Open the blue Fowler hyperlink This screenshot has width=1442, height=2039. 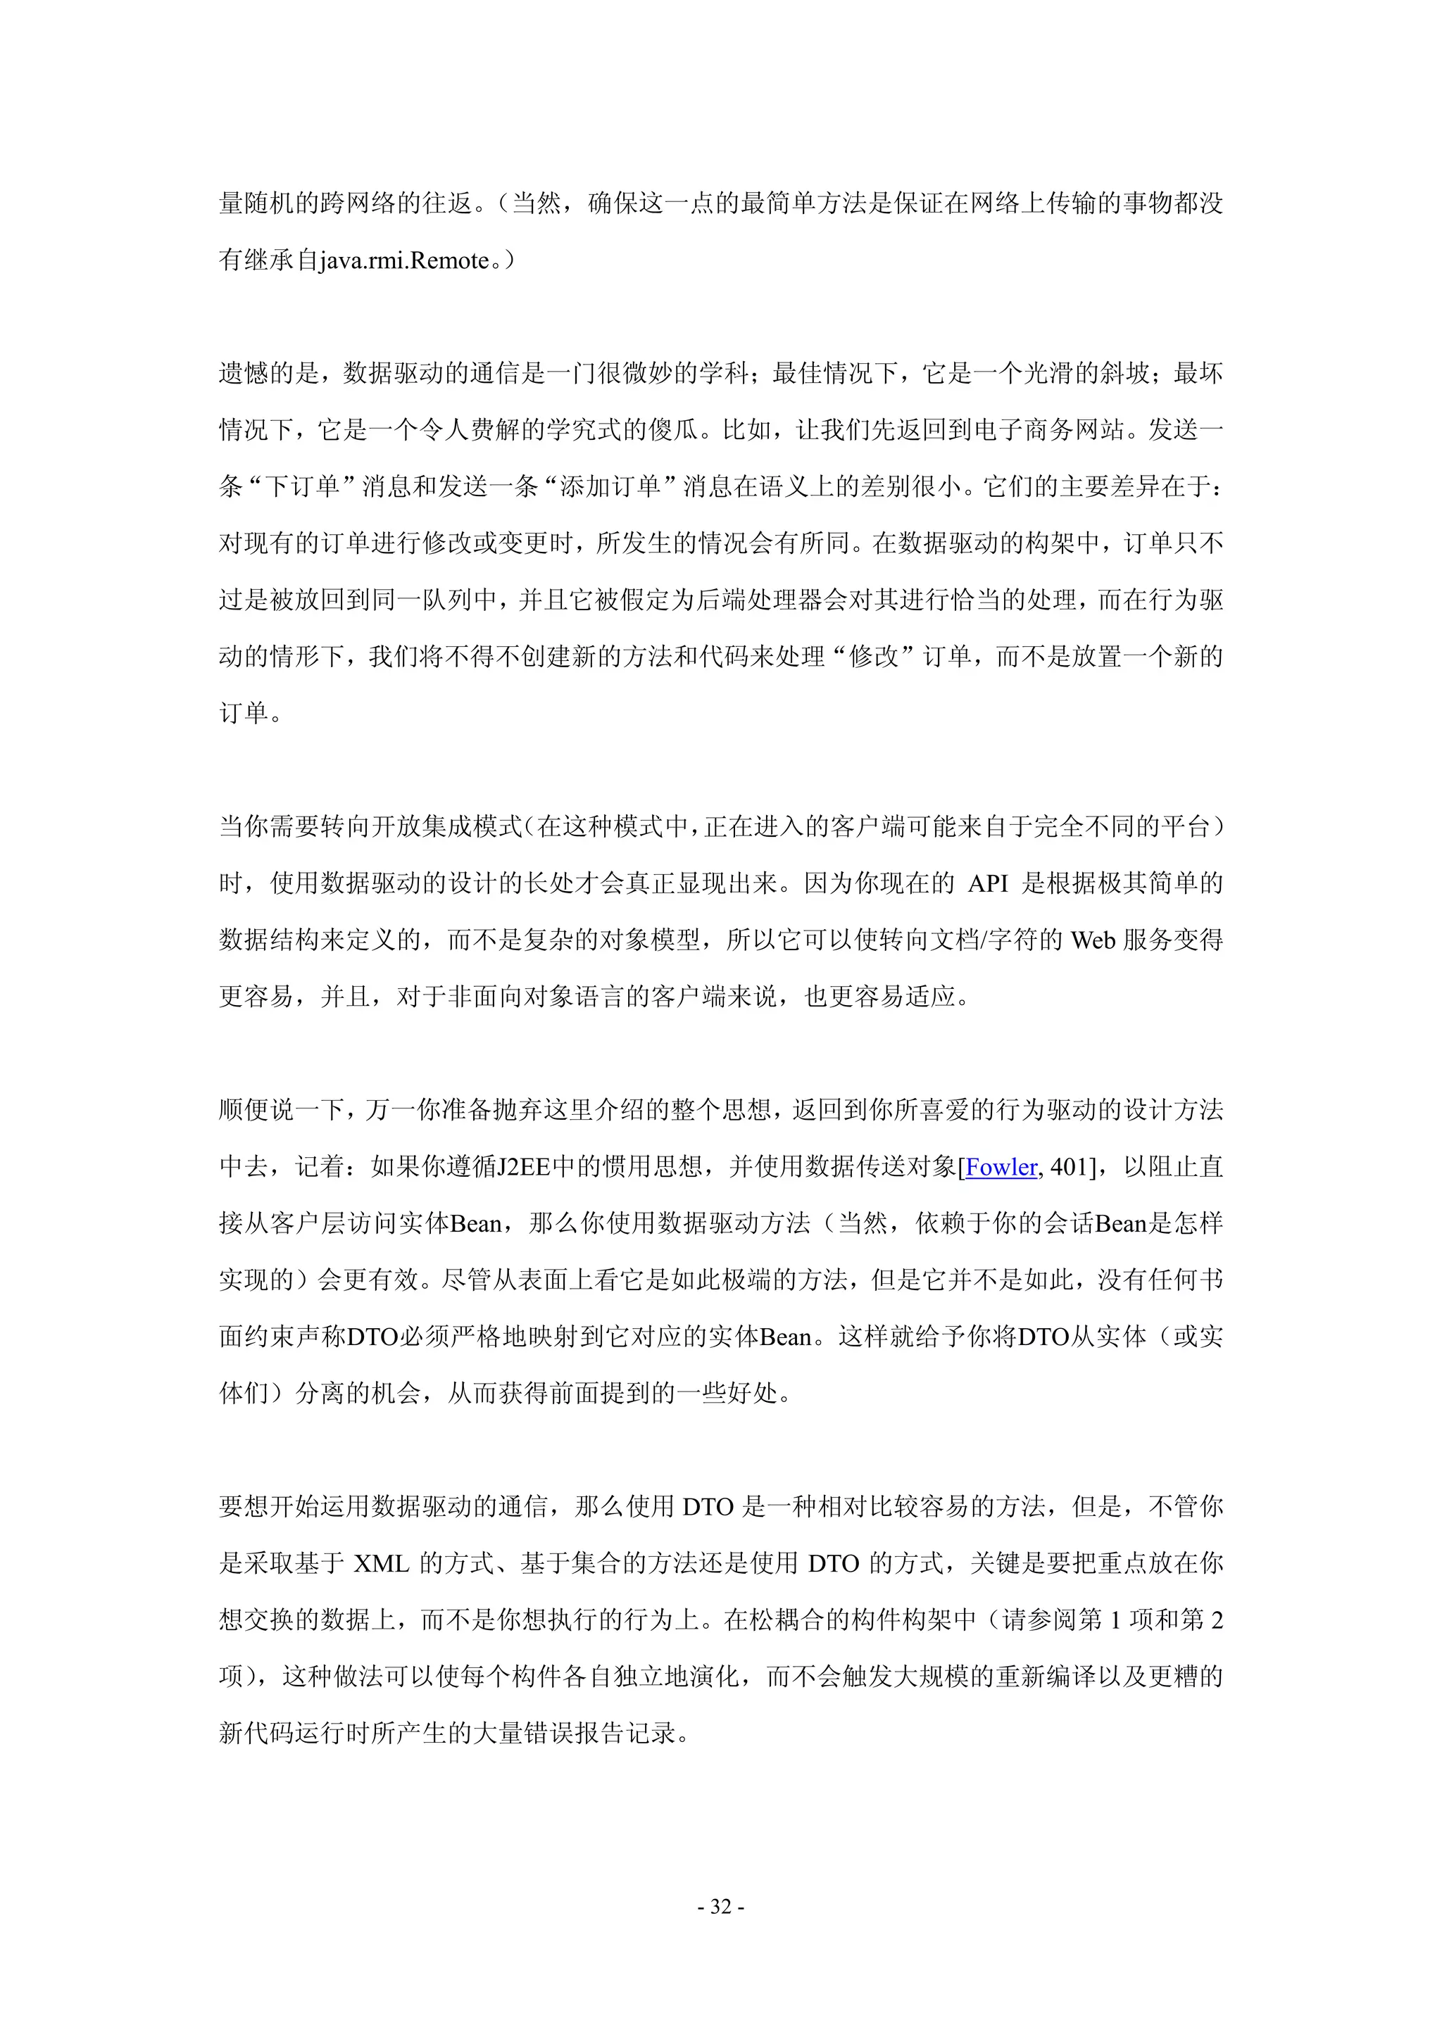click(1001, 1167)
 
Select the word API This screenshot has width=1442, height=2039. click(987, 883)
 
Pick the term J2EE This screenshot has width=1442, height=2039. click(523, 1167)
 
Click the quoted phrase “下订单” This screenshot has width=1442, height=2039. click(301, 486)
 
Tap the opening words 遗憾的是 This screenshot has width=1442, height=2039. click(269, 374)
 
